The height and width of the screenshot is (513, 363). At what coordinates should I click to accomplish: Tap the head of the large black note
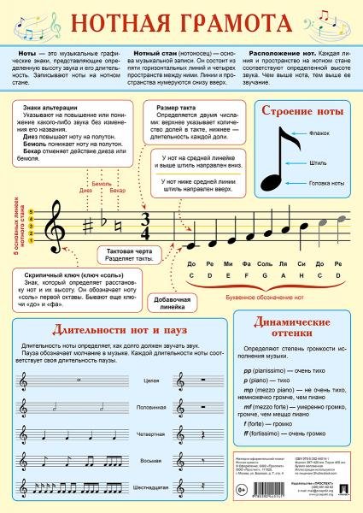(x=271, y=182)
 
